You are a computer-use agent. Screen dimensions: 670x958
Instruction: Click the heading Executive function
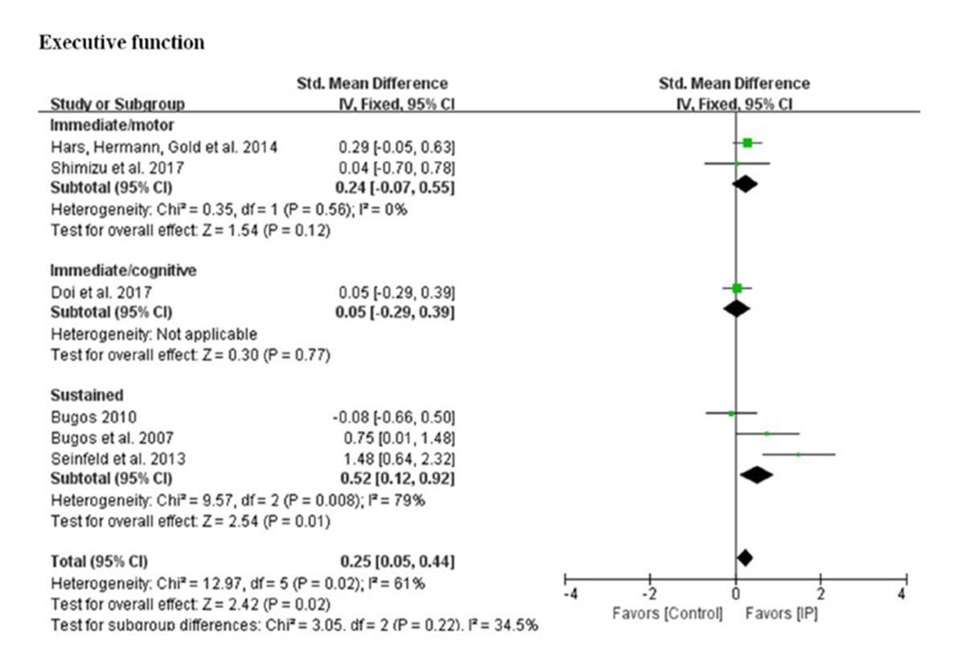coord(121,43)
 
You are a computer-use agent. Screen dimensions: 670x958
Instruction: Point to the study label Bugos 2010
coord(82,416)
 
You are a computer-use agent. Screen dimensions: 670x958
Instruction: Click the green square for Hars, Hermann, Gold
coord(747,143)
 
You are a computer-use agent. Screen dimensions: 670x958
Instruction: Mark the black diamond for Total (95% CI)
coord(745,557)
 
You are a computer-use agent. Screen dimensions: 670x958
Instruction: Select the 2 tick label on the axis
coord(820,594)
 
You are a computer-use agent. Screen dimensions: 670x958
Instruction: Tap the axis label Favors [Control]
coord(668,614)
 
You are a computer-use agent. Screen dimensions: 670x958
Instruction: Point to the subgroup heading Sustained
coord(76,395)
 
